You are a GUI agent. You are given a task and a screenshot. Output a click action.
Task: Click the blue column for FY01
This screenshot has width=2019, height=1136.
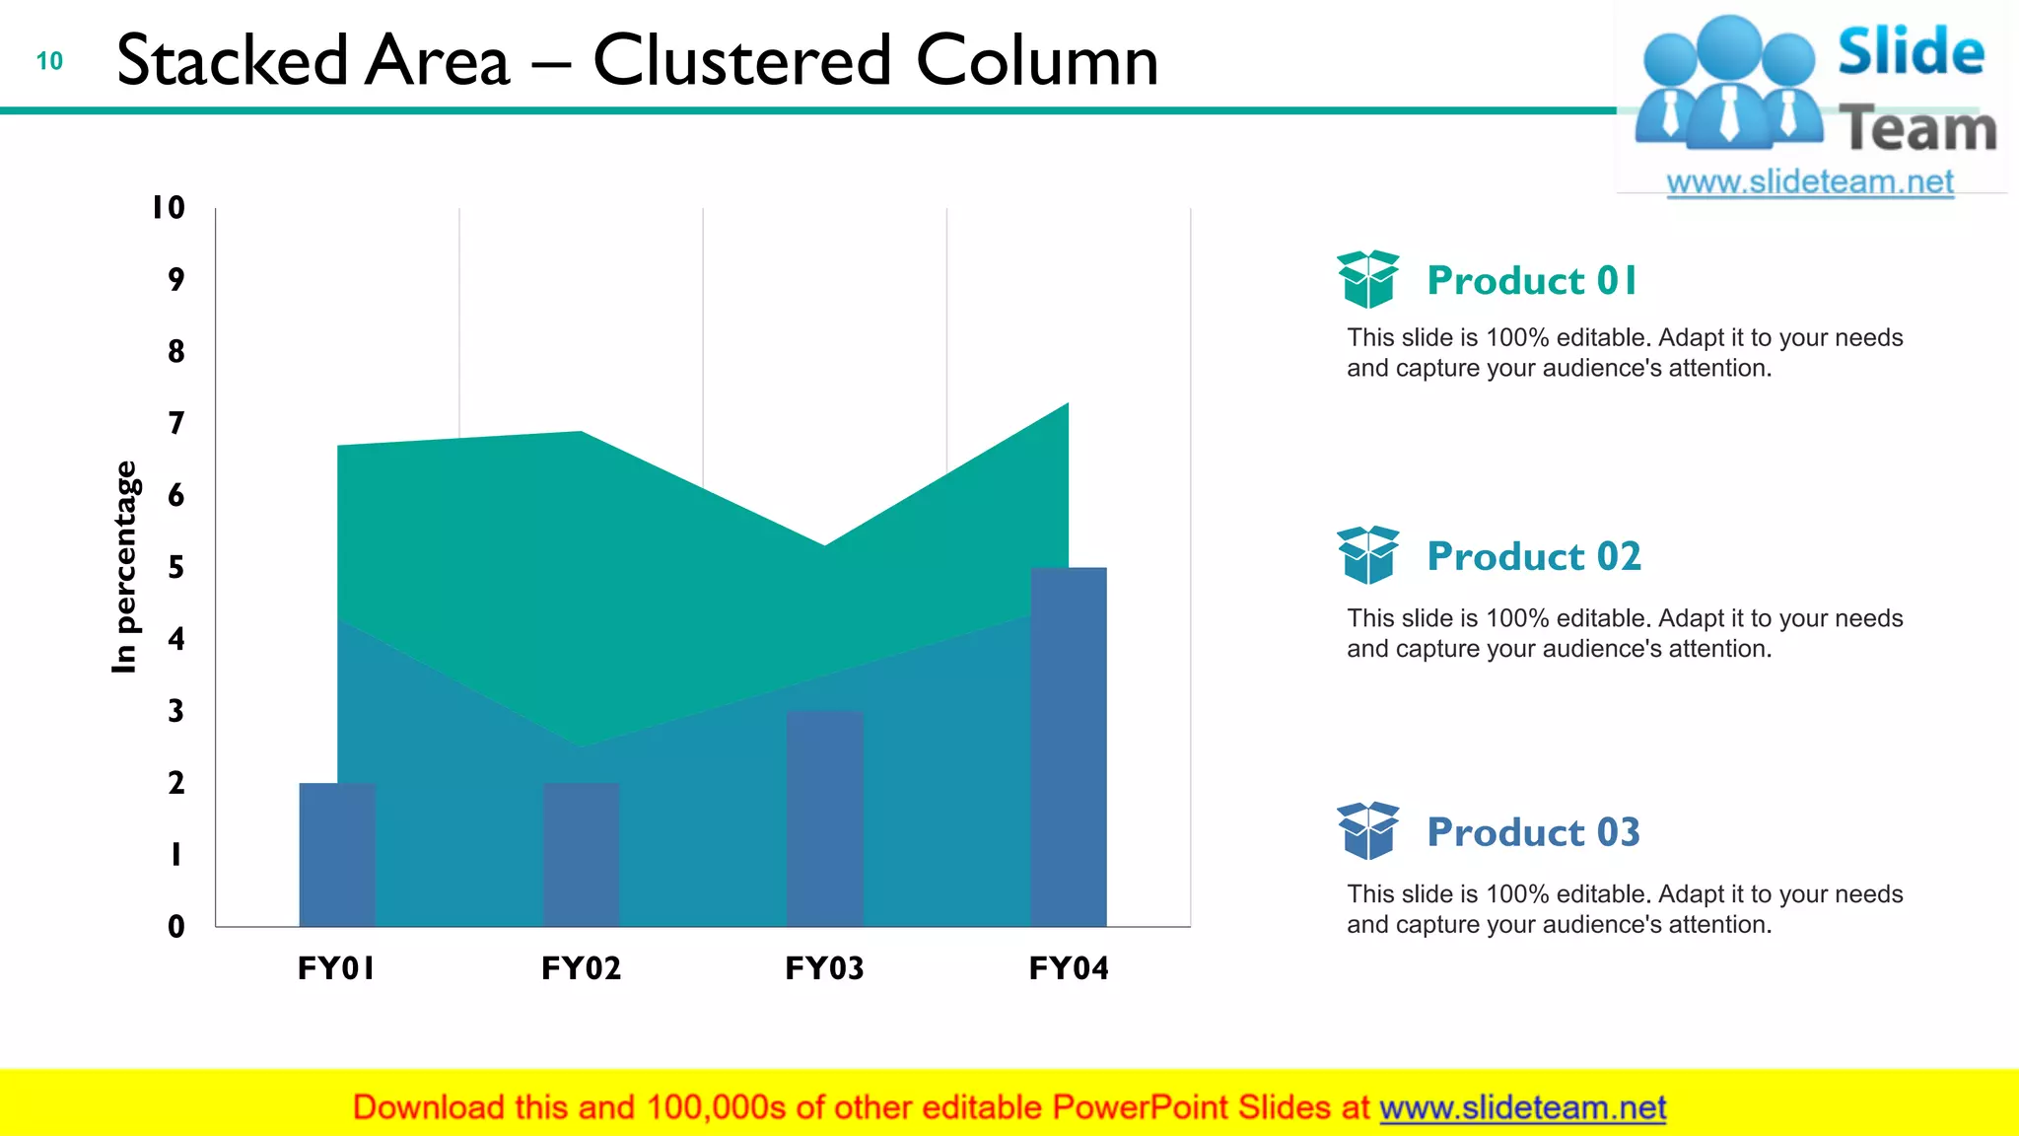(x=337, y=854)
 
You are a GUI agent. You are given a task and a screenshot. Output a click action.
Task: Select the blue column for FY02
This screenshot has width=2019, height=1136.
(x=581, y=854)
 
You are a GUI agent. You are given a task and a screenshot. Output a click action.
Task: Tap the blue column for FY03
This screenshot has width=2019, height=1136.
(x=825, y=818)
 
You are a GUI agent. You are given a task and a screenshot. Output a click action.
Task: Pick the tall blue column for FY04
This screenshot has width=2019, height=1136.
(x=1069, y=746)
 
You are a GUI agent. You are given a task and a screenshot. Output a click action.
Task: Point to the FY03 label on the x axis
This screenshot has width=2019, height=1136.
(x=825, y=968)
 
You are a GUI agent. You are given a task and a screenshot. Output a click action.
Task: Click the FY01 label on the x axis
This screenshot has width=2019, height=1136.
(x=336, y=968)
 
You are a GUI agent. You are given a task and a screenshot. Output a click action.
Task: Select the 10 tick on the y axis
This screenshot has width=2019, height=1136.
(x=169, y=208)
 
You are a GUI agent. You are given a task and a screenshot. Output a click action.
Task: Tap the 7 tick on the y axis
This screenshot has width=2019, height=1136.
(x=176, y=423)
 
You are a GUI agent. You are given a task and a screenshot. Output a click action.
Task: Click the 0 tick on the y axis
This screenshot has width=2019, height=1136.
(x=176, y=926)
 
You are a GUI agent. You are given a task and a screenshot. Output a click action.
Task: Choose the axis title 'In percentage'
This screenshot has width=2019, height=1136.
(x=125, y=567)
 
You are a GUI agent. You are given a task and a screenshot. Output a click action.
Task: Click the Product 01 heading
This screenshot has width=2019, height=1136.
(x=1532, y=281)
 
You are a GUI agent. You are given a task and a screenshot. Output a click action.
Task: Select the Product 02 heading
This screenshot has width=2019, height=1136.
(x=1534, y=556)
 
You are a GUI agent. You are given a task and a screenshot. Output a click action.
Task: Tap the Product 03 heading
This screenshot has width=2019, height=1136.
(x=1534, y=832)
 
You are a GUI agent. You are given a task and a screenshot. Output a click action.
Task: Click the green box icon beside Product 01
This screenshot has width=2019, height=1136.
(x=1367, y=279)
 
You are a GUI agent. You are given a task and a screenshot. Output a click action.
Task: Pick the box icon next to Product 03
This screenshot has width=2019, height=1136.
(x=1367, y=830)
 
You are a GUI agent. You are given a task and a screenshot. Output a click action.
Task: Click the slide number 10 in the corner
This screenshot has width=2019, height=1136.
(x=49, y=61)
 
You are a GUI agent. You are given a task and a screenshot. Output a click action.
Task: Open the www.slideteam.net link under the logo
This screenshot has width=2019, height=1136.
(x=1810, y=182)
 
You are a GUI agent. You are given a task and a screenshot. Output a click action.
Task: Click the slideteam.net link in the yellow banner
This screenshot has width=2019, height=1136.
(x=1522, y=1107)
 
